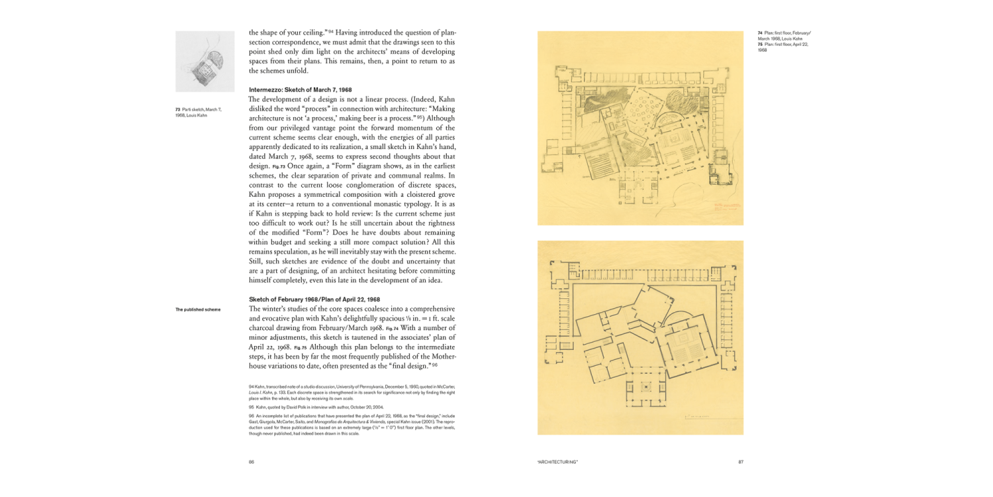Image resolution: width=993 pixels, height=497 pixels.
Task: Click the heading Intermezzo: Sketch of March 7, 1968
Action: (300, 89)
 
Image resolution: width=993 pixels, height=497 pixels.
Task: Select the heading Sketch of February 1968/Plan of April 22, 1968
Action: (314, 299)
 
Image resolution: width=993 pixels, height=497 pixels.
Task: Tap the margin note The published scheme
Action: (198, 309)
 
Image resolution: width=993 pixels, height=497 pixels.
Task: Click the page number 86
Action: (252, 462)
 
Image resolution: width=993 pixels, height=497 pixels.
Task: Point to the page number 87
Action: (740, 462)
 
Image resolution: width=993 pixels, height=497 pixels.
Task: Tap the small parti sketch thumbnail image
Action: (205, 61)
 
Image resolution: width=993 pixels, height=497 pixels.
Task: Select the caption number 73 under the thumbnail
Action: (177, 109)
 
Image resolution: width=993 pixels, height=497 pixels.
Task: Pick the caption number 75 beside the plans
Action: (760, 44)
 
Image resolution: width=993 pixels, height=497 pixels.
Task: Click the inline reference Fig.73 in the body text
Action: (277, 166)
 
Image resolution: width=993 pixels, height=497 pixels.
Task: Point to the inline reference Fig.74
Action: (393, 328)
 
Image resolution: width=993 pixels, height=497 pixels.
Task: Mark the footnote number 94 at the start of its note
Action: (252, 386)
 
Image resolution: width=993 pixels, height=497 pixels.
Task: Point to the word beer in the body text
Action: (375, 118)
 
